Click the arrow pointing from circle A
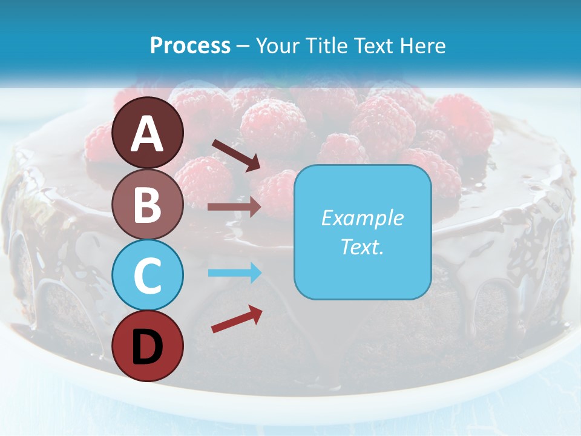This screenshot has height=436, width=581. tap(236, 155)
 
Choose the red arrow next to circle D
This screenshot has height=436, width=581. tap(237, 319)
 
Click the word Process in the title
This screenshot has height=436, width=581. tap(190, 46)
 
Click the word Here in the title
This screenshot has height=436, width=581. tap(423, 46)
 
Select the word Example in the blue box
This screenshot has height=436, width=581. tap(362, 218)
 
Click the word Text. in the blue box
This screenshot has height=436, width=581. tap(362, 246)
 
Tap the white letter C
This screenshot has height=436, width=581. tap(148, 276)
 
